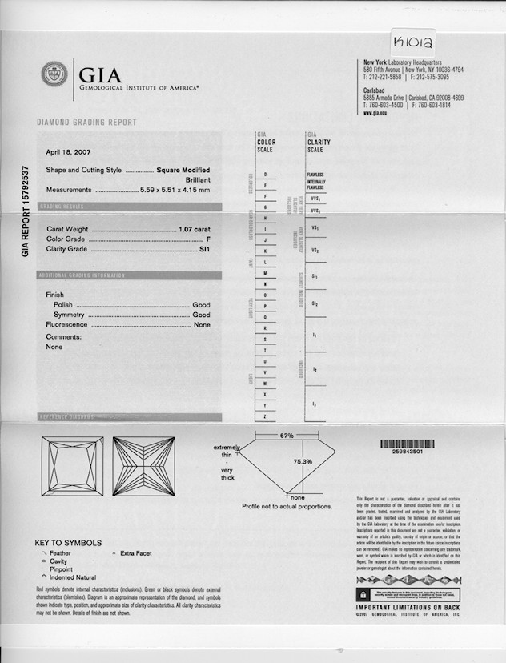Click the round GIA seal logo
point(54,74)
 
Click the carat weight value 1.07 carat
point(195,229)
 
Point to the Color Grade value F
point(207,239)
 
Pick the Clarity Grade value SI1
point(204,249)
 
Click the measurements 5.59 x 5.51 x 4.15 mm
point(175,190)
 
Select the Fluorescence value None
point(202,325)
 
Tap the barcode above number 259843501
point(413,444)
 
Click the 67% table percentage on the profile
point(287,436)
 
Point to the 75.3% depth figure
point(302,462)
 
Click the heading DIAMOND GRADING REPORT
point(86,123)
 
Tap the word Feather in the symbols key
point(60,553)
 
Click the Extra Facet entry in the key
point(135,553)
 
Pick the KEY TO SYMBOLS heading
point(68,542)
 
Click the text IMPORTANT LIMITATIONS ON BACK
point(408,607)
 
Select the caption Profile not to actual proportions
point(287,506)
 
